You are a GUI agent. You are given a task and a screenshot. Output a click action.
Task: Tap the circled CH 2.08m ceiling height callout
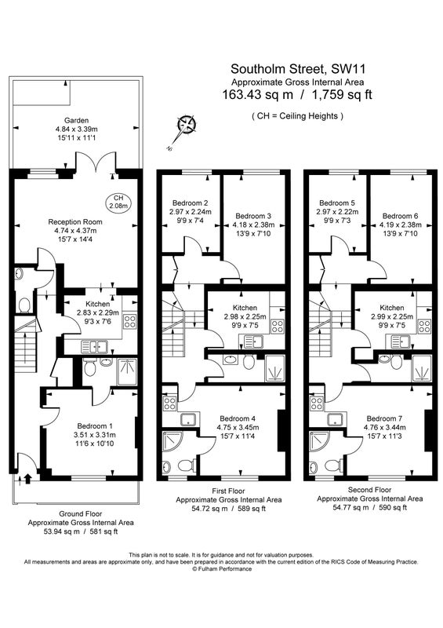pos(118,203)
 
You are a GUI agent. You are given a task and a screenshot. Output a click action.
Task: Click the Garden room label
pos(76,120)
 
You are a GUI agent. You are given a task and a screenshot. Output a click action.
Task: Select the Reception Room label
pos(75,222)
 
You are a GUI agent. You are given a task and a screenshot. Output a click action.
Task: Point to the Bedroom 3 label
pos(253,216)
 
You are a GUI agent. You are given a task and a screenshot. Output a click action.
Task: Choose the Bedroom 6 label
pos(401,216)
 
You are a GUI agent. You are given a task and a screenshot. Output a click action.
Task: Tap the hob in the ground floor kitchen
pos(129,321)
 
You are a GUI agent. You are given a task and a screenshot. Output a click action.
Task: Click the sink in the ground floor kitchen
pos(94,346)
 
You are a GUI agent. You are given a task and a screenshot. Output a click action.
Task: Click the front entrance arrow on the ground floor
pos(28,479)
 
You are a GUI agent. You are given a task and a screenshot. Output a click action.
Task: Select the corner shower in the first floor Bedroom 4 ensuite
pos(172,443)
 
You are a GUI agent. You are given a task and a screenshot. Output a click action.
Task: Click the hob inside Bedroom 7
pos(317,403)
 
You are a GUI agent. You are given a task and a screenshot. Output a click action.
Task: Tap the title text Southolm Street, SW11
pos(298,69)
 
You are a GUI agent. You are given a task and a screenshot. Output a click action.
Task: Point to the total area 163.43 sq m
pos(257,95)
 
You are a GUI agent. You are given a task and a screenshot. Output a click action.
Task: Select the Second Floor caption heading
pos(370,490)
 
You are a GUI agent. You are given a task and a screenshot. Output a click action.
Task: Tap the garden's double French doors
pos(96,164)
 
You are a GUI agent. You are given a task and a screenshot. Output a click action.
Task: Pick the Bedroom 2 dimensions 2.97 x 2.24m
pos(191,212)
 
